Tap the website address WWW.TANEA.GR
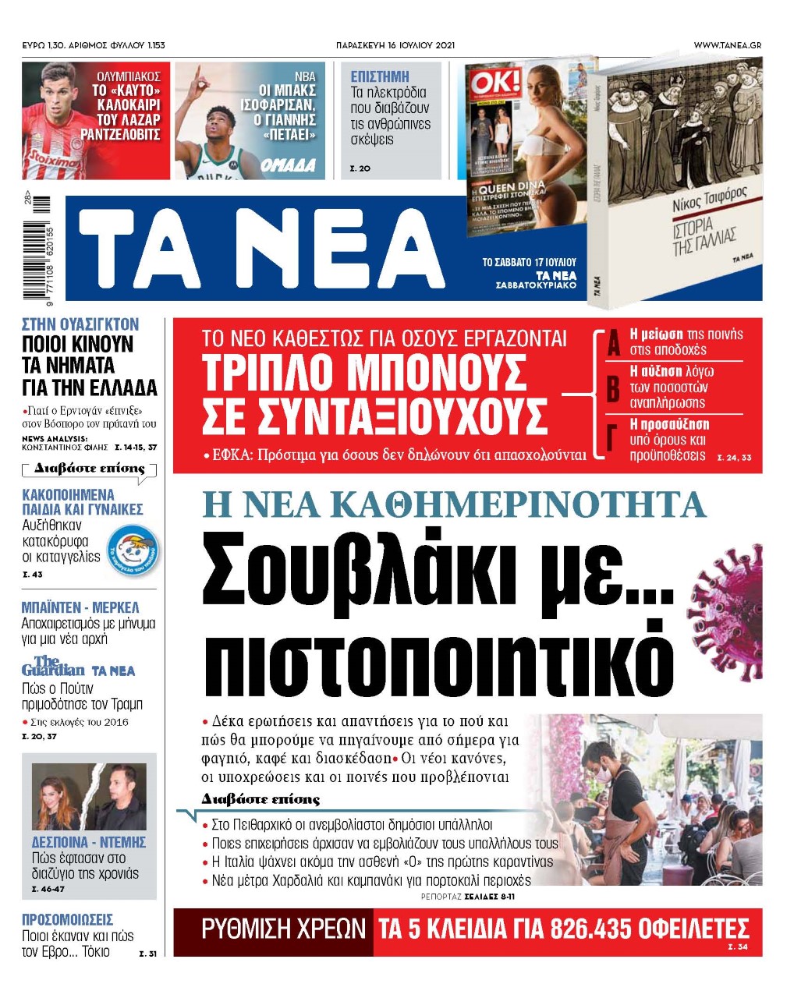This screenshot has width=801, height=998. point(727,45)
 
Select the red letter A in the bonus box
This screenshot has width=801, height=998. point(614,343)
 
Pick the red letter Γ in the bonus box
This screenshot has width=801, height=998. point(613,439)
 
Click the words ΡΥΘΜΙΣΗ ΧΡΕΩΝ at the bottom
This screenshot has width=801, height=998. point(283,929)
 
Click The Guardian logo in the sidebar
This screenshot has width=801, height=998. point(53,667)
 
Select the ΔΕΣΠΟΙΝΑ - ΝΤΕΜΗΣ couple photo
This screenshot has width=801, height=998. point(89,796)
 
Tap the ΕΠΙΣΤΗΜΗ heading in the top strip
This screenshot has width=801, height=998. point(380,76)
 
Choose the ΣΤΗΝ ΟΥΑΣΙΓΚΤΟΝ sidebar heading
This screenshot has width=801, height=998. point(80,324)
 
